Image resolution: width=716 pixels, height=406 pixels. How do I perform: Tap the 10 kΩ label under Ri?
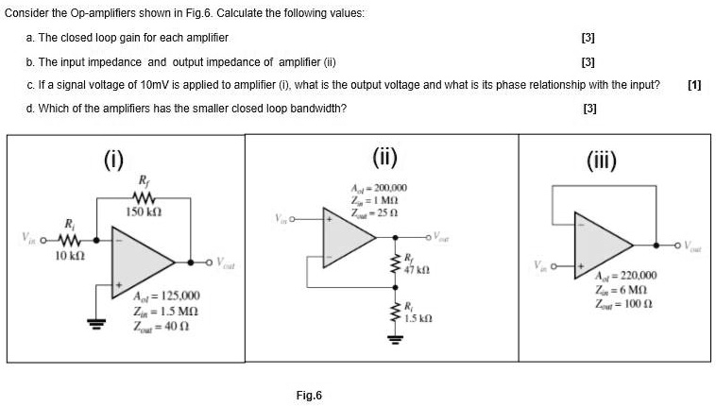click(73, 255)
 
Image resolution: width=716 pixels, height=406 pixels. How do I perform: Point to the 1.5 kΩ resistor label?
click(419, 317)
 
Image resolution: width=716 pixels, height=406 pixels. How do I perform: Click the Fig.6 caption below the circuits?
click(309, 395)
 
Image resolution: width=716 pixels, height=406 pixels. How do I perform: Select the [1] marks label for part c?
click(694, 85)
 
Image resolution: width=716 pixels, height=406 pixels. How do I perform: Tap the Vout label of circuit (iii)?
click(697, 252)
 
